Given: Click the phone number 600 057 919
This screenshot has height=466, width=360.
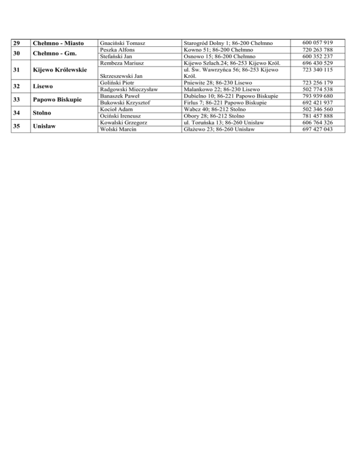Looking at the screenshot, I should tap(318, 43).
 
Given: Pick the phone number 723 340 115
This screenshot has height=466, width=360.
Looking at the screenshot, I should tap(318, 69).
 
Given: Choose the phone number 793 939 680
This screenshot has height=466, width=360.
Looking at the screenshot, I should tap(318, 96).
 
